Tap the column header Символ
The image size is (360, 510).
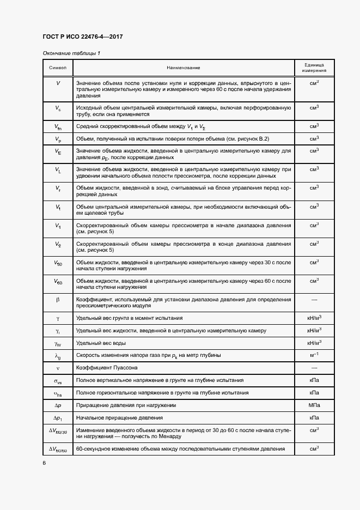58,68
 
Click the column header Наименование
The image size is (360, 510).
184,68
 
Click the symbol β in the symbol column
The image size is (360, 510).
58,300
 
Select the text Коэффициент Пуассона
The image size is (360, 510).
104,368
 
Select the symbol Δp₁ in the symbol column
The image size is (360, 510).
58,418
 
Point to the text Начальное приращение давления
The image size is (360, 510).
120,418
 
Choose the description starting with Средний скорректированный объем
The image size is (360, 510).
141,126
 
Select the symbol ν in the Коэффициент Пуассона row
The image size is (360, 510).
58,368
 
